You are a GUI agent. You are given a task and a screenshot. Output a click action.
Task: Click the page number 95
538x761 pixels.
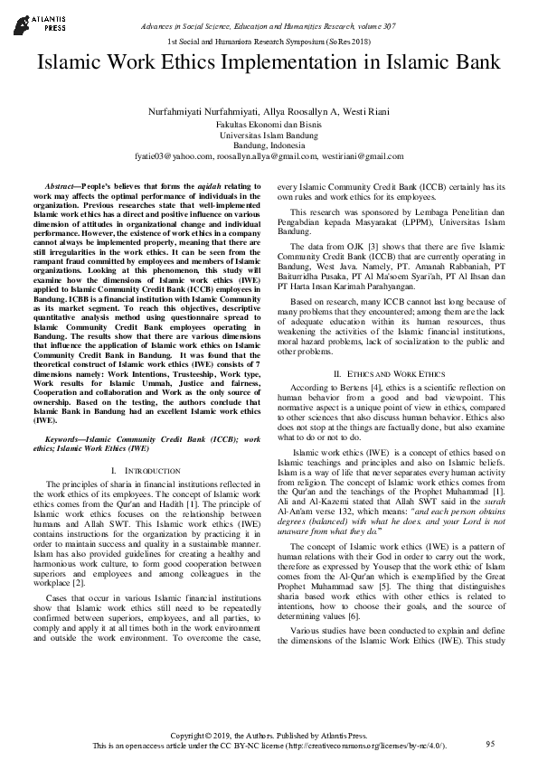click(x=491, y=743)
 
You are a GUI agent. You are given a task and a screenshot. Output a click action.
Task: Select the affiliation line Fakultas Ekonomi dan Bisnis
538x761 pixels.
click(x=269, y=122)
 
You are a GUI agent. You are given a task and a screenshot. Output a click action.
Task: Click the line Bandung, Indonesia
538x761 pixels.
click(x=269, y=145)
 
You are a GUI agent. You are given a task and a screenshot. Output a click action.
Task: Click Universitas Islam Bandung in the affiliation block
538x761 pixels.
click(x=269, y=134)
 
